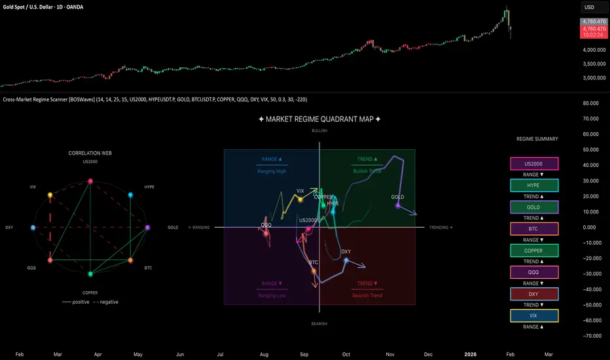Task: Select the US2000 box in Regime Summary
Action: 534,164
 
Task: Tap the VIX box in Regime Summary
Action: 534,315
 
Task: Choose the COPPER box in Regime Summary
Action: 534,251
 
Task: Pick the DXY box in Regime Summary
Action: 534,294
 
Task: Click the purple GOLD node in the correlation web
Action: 147,228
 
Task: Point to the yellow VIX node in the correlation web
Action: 50,195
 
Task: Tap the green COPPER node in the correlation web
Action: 90,274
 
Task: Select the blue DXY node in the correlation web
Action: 33,228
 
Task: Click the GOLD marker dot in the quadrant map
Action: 398,206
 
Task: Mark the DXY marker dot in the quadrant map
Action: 346,261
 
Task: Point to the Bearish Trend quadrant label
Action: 367,295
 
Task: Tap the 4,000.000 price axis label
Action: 592,50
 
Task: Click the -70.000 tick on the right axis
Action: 592,336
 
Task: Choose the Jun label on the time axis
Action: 179,353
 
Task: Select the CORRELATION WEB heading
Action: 90,153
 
